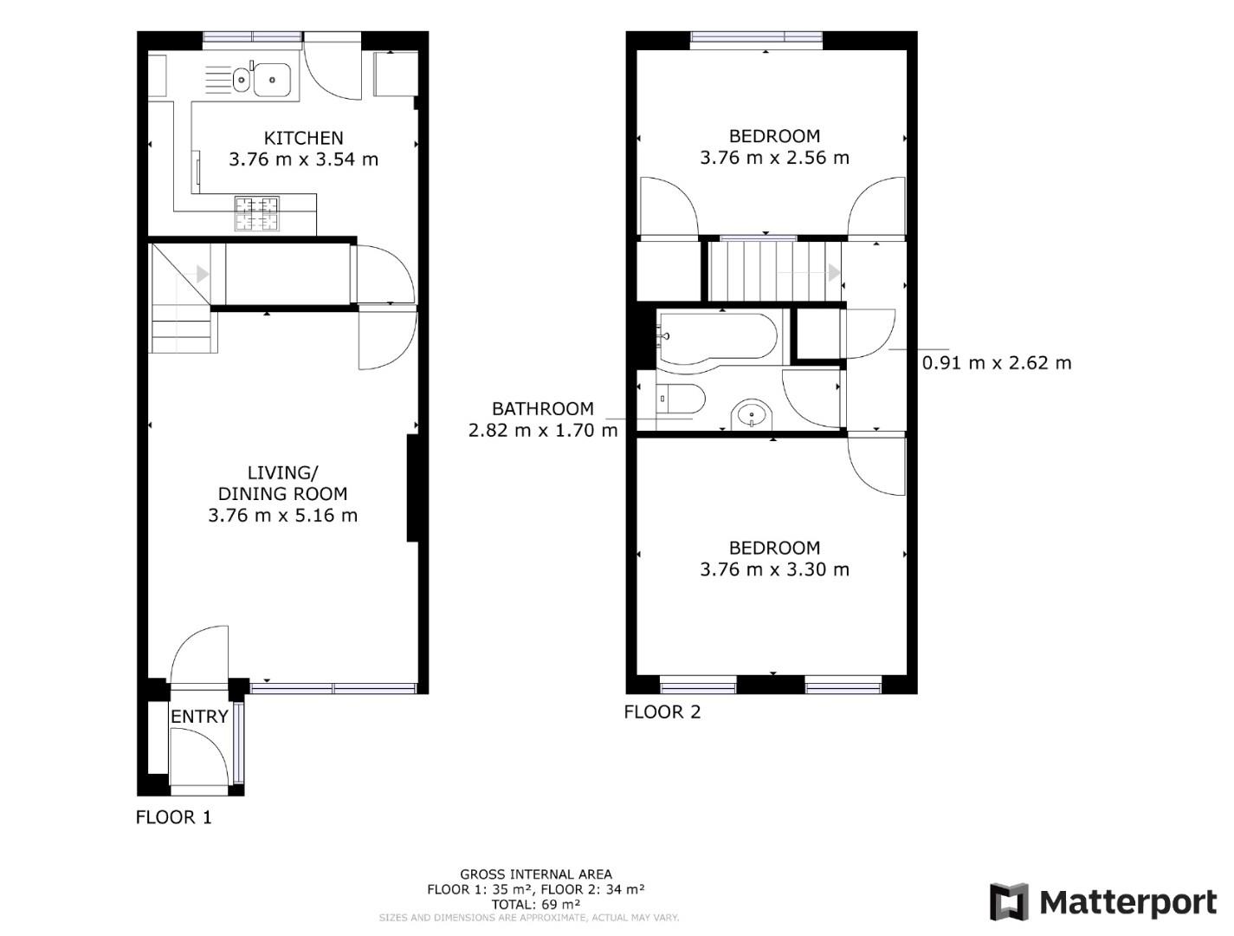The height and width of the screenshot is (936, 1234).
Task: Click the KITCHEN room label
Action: [x=303, y=138]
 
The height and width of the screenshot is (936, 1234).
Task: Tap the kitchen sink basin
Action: [x=271, y=80]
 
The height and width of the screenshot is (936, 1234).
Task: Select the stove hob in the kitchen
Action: [x=257, y=213]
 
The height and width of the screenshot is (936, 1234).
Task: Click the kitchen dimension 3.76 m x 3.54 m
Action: [x=303, y=159]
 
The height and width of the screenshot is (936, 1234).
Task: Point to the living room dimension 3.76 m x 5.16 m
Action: [x=282, y=516]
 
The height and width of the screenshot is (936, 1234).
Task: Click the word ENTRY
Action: [x=199, y=717]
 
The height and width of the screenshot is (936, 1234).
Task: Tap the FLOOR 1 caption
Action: [x=173, y=817]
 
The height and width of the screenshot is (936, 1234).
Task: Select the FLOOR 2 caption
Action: [x=662, y=712]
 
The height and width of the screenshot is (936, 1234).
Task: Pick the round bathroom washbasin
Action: [x=752, y=415]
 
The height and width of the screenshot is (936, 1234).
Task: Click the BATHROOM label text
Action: [x=543, y=409]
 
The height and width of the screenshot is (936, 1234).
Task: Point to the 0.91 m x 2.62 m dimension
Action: [x=997, y=363]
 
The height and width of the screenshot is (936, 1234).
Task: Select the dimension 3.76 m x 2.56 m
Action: [x=774, y=158]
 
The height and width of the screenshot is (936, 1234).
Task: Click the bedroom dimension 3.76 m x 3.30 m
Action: [x=774, y=569]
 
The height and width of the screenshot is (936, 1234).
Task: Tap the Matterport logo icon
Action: [x=1009, y=902]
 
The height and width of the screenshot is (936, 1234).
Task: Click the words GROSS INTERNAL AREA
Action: [x=535, y=874]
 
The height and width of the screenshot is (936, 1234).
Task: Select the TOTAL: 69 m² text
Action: [x=535, y=904]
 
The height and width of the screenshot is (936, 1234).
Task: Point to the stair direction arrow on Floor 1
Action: [x=203, y=274]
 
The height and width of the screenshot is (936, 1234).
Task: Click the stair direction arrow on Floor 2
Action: [x=834, y=272]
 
